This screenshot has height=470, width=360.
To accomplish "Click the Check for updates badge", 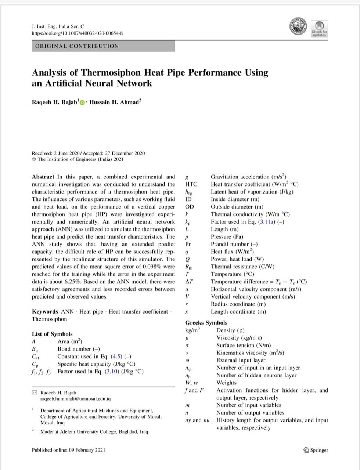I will tap(319, 28).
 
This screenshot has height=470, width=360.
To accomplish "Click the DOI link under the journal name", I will tap(77, 33).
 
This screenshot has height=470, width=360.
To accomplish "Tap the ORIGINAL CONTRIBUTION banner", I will tap(103, 46).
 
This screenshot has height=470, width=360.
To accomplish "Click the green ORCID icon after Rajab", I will tap(82, 102).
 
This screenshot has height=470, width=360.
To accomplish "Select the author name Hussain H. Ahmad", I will tap(115, 102).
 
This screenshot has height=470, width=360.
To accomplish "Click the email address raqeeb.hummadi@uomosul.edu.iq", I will tap(75, 398).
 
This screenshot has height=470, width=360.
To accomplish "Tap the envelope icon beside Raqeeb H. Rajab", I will tap(35, 393).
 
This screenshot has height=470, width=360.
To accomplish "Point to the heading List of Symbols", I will tap(52, 334).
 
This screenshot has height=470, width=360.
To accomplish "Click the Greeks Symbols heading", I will tap(206, 322).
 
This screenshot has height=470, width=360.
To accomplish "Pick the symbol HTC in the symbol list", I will tap(191, 184).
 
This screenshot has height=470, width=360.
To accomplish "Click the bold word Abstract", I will tap(43, 177).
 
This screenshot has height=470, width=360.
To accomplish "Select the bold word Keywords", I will tap(45, 311).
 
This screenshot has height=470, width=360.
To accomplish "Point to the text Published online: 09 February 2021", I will tap(68, 450).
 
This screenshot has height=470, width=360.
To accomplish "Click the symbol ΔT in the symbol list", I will tap(189, 282).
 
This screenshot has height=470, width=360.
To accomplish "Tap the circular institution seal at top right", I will tap(298, 26).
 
